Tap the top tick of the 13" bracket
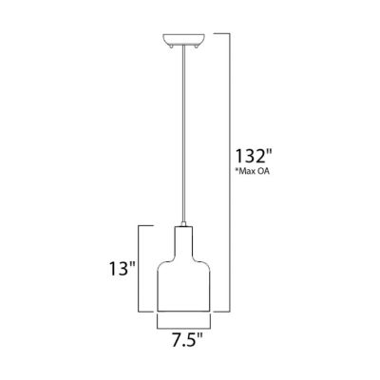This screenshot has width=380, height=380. [x=147, y=224]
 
